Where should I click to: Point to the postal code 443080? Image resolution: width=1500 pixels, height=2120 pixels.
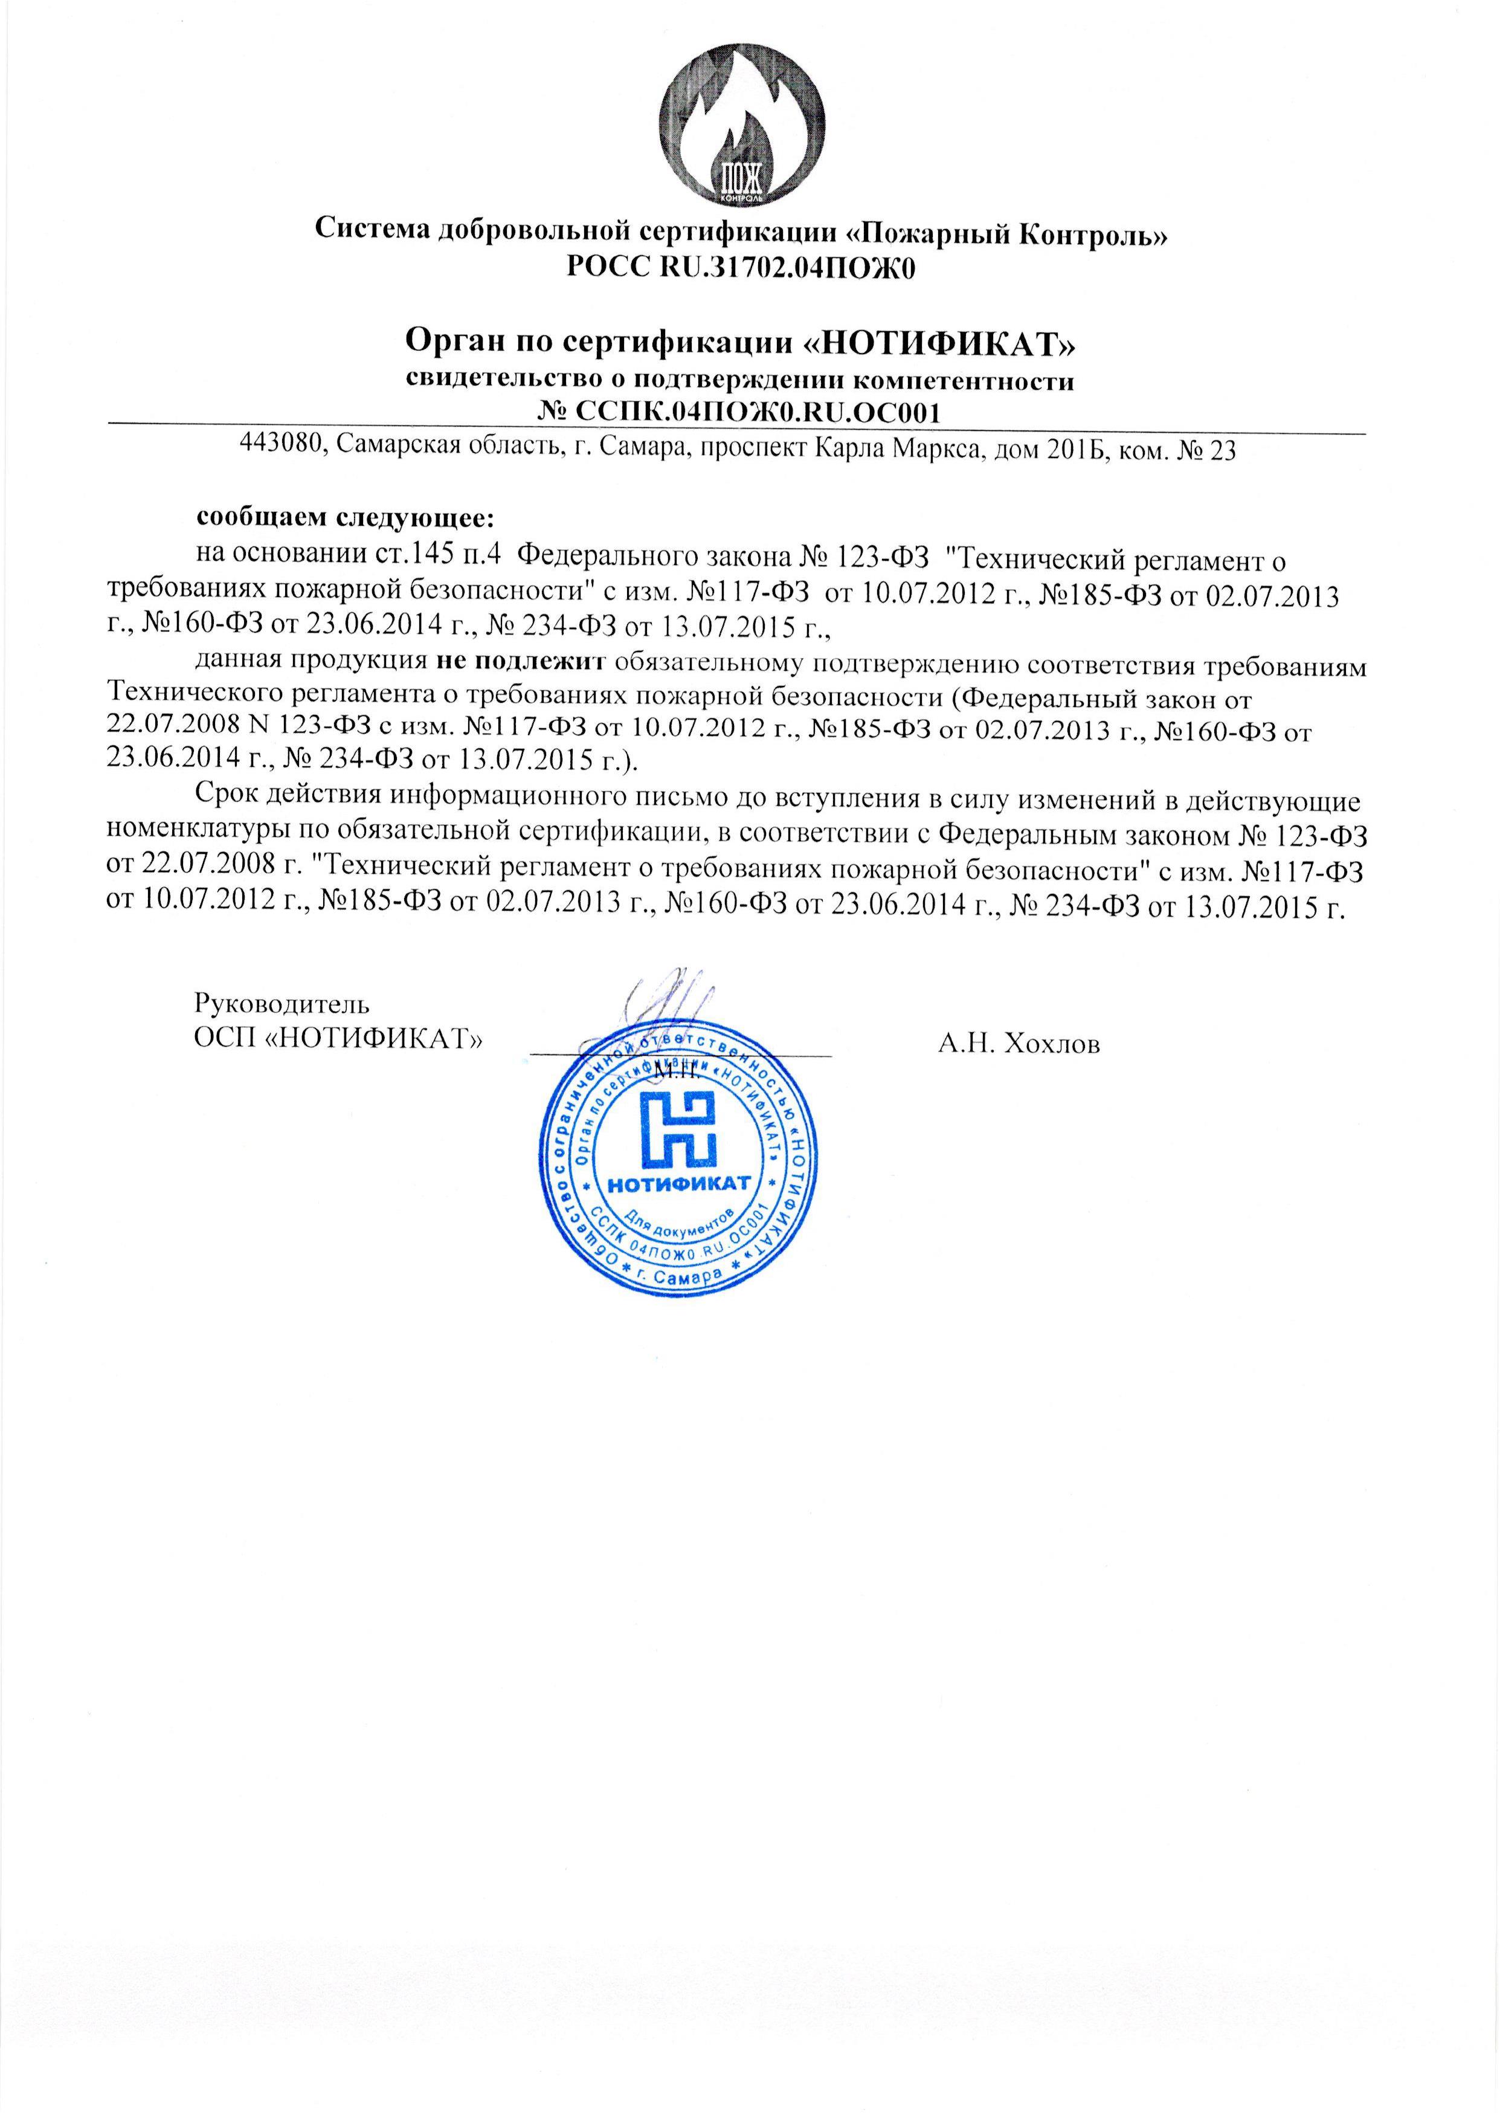tap(281, 449)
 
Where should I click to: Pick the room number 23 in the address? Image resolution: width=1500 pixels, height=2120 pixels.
tap(1221, 449)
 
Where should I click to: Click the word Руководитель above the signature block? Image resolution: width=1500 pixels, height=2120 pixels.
tap(283, 1002)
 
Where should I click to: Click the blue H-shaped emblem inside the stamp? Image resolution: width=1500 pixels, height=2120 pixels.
tap(680, 1131)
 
